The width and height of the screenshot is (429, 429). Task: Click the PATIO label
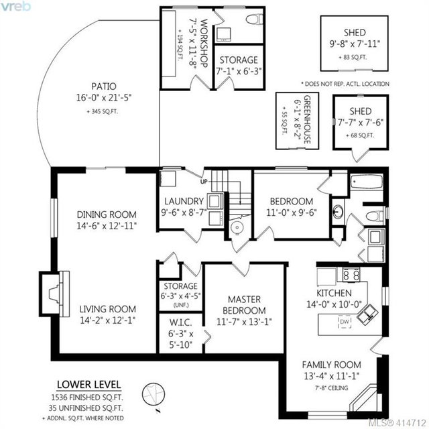104,86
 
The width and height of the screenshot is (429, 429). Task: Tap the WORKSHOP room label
204,43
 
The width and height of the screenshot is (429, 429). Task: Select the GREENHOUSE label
307,119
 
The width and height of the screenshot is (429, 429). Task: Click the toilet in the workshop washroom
254,19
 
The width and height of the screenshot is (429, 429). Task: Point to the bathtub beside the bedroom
367,182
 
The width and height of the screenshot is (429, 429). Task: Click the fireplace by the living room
54,294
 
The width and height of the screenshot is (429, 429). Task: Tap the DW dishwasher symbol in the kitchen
345,322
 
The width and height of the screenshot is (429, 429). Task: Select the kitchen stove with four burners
351,274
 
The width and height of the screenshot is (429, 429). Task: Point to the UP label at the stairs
204,182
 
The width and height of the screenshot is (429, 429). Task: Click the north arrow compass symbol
154,394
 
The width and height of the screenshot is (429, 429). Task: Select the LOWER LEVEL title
89,385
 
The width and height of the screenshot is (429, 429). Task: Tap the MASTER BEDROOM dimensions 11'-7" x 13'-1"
244,322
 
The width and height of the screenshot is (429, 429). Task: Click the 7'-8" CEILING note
331,387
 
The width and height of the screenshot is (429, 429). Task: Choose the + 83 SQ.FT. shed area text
353,58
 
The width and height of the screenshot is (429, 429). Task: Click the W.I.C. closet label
180,322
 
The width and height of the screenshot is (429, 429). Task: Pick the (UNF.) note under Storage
181,305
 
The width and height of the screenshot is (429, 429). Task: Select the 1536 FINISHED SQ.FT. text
87,397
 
